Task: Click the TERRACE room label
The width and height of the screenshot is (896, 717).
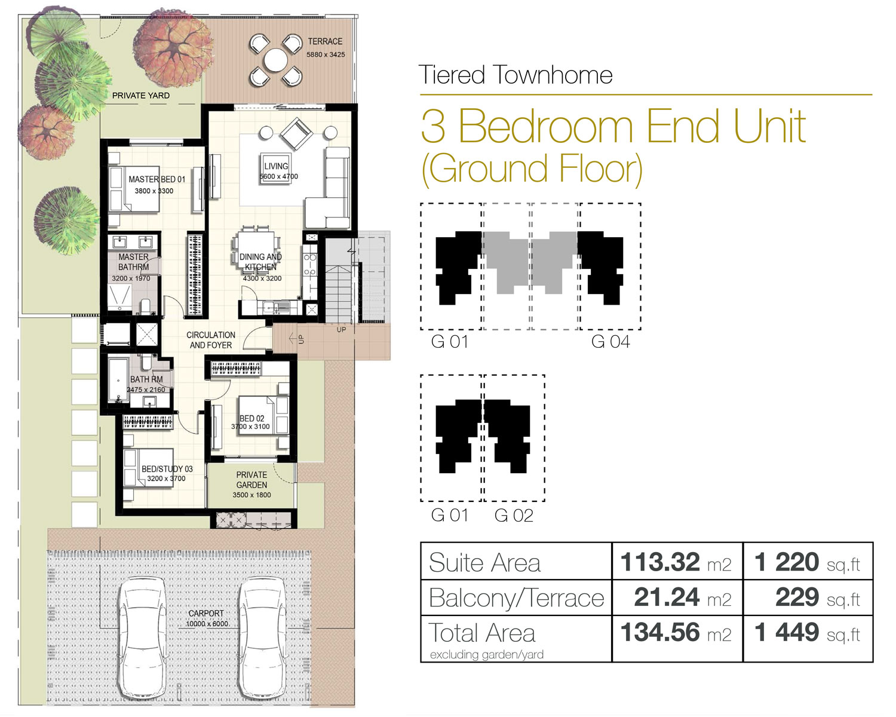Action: tap(325, 41)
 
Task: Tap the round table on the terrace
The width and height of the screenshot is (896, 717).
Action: tap(275, 60)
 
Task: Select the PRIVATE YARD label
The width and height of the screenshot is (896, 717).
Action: tap(141, 96)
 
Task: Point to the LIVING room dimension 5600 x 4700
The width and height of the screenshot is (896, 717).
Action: tap(278, 177)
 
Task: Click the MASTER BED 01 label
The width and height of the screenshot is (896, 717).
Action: tap(157, 179)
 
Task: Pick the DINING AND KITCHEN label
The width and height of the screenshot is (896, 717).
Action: tap(260, 262)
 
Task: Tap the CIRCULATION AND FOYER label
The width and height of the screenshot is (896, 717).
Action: tap(211, 340)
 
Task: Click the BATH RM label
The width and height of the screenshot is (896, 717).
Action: tap(146, 379)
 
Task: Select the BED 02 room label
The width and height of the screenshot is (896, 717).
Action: tap(251, 418)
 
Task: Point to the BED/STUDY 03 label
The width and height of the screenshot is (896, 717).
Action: tap(167, 469)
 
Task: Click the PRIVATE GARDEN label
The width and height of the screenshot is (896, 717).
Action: tap(251, 480)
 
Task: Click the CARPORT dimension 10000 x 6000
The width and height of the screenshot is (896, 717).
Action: tap(207, 624)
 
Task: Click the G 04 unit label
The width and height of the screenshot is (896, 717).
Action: tap(610, 342)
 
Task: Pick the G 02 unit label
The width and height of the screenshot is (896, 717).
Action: tap(514, 515)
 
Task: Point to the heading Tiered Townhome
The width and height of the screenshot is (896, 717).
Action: tap(515, 75)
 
